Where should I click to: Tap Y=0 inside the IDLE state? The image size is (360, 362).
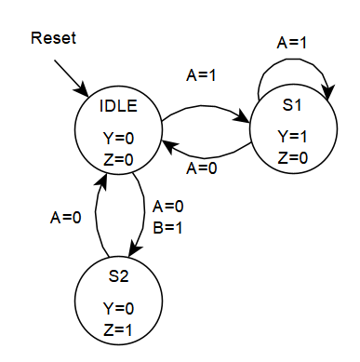(119, 138)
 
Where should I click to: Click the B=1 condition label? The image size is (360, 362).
(167, 223)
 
